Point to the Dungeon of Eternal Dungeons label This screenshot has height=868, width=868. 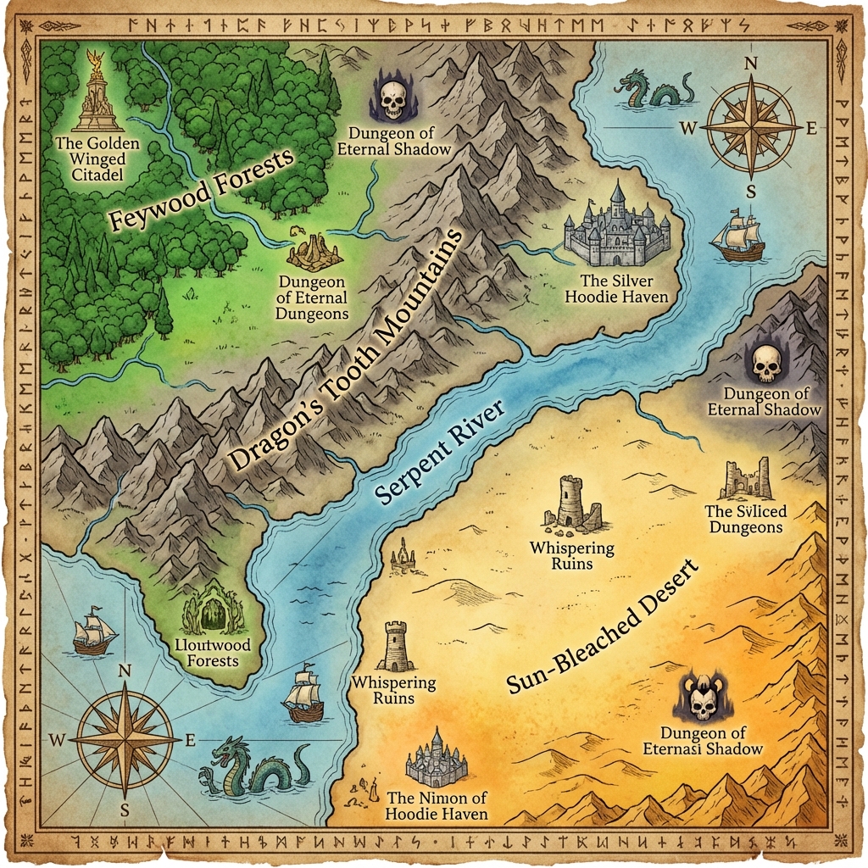click(311, 298)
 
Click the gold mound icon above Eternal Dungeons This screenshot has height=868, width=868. click(314, 252)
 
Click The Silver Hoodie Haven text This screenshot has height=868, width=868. click(616, 289)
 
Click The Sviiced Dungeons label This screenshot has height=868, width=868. click(746, 519)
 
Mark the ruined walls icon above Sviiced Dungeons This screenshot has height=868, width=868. click(746, 480)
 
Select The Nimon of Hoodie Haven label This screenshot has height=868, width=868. click(437, 805)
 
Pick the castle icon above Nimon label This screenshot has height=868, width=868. click(437, 759)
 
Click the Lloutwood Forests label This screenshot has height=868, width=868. click(213, 652)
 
